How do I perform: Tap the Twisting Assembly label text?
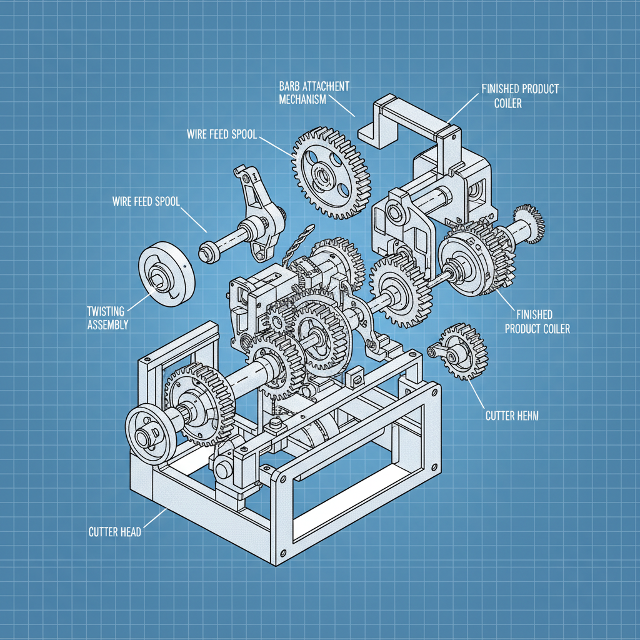(107, 317)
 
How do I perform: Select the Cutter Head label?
(114, 532)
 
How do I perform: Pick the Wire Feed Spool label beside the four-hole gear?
(221, 134)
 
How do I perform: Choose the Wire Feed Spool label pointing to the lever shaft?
(145, 201)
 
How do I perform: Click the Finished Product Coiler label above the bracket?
(520, 96)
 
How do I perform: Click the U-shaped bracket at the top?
(412, 122)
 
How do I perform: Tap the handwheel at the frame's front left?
(151, 433)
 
